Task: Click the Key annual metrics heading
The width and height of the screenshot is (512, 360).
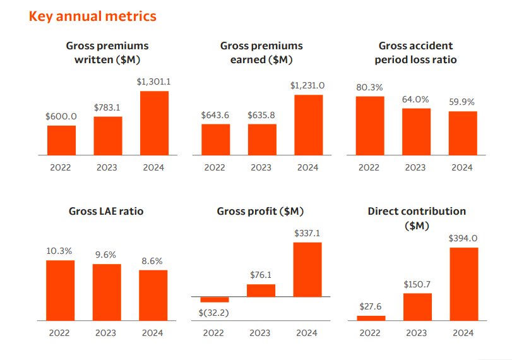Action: [x=92, y=16]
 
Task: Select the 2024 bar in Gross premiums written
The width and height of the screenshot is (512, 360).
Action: [x=153, y=123]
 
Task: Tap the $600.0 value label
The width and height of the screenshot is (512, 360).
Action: [x=61, y=117]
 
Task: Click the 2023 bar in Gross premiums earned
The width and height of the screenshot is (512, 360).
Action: [x=262, y=140]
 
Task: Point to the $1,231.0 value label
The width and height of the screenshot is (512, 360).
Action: [x=307, y=86]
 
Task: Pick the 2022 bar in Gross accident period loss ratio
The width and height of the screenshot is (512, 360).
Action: [x=369, y=126]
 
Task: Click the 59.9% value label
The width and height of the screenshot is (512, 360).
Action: [x=462, y=102]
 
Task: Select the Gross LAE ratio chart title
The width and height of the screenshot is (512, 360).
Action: [x=106, y=211]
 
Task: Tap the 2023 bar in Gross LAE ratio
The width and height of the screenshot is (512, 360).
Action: [x=107, y=292]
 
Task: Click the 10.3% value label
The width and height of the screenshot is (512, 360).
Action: [x=60, y=251]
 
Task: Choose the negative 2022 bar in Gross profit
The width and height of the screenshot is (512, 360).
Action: [x=215, y=299]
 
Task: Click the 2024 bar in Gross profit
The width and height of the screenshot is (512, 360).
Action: [x=307, y=270]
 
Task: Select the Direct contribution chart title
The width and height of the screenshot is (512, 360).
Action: [x=417, y=218]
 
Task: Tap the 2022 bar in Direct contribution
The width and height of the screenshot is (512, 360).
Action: [x=371, y=318]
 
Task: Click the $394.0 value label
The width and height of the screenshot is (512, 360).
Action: [x=463, y=239]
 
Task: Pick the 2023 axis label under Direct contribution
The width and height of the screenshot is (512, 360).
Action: [x=417, y=333]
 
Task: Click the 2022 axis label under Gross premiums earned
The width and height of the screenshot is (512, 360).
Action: [x=215, y=167]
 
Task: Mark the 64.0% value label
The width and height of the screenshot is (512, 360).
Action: [x=415, y=99]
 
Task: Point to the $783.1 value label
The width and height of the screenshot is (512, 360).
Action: [x=107, y=107]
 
